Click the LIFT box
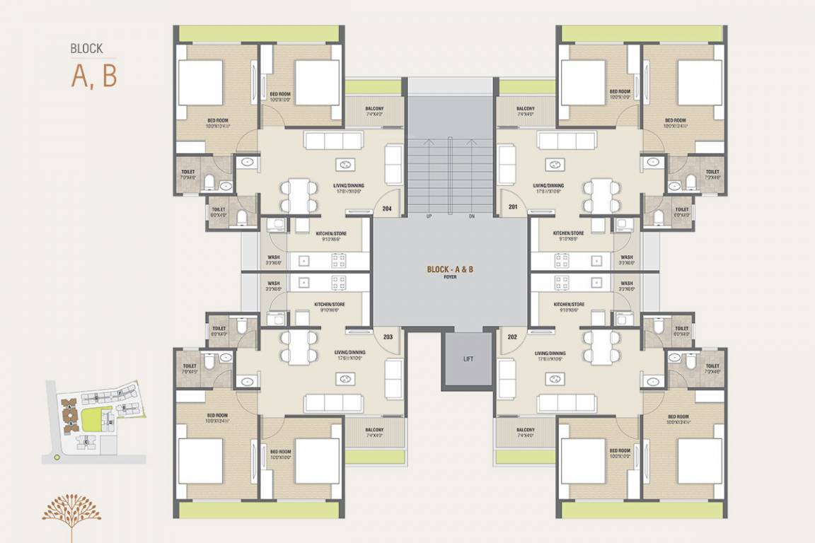(x=468, y=359)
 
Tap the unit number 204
(x=387, y=209)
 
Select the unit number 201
(x=512, y=206)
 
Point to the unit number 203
(x=388, y=337)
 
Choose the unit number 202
(x=512, y=337)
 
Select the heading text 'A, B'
(x=94, y=76)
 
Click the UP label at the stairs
(x=429, y=216)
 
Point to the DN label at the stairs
(x=472, y=216)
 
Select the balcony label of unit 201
(x=526, y=111)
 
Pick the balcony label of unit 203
(x=374, y=432)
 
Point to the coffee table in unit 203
(x=345, y=378)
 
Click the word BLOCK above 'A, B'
(x=86, y=49)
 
